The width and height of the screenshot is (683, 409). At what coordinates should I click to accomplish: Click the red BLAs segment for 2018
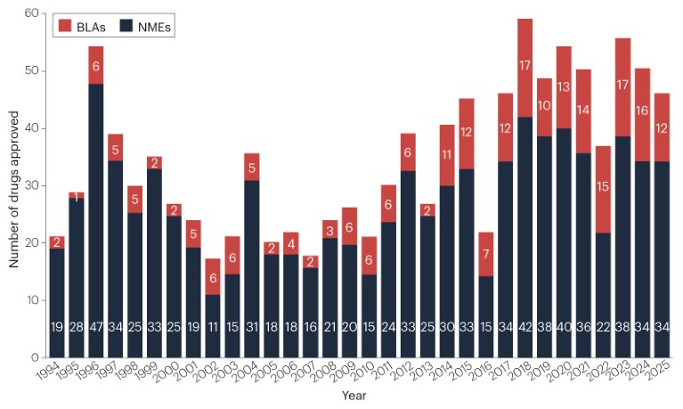pyautogui.click(x=524, y=68)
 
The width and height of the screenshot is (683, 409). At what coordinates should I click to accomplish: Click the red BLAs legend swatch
pyautogui.click(x=64, y=28)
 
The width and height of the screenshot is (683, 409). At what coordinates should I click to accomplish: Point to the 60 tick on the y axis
pyautogui.click(x=32, y=13)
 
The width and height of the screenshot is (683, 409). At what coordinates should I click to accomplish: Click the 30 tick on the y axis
pyautogui.click(x=32, y=185)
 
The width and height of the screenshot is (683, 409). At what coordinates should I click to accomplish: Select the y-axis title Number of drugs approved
pyautogui.click(x=13, y=185)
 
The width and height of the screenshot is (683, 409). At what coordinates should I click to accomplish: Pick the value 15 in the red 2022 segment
pyautogui.click(x=602, y=210)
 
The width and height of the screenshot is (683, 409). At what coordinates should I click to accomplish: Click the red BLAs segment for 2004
pyautogui.click(x=250, y=167)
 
